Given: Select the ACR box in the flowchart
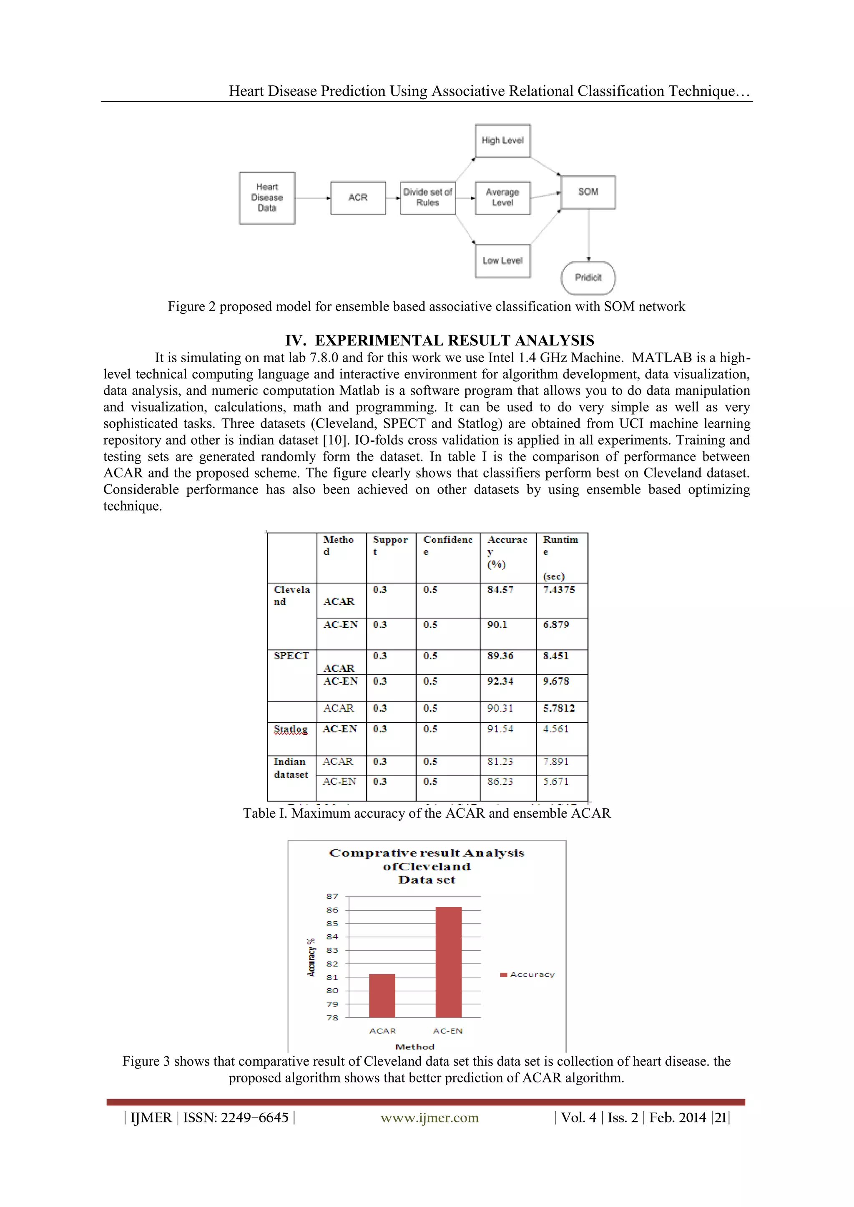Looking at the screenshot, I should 358,198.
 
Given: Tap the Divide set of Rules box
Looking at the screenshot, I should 427,198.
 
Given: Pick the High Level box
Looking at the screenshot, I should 503,140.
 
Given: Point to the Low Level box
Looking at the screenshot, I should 503,261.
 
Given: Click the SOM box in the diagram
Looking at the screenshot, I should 588,192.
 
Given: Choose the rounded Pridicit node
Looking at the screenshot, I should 588,278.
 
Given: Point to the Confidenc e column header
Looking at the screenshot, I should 448,545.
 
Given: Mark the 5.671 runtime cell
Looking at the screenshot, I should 556,782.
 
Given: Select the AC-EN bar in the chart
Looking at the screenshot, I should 449,962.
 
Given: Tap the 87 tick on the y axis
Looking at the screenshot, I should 332,896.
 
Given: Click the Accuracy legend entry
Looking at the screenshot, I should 527,974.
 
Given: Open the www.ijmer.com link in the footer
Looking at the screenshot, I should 430,1118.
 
